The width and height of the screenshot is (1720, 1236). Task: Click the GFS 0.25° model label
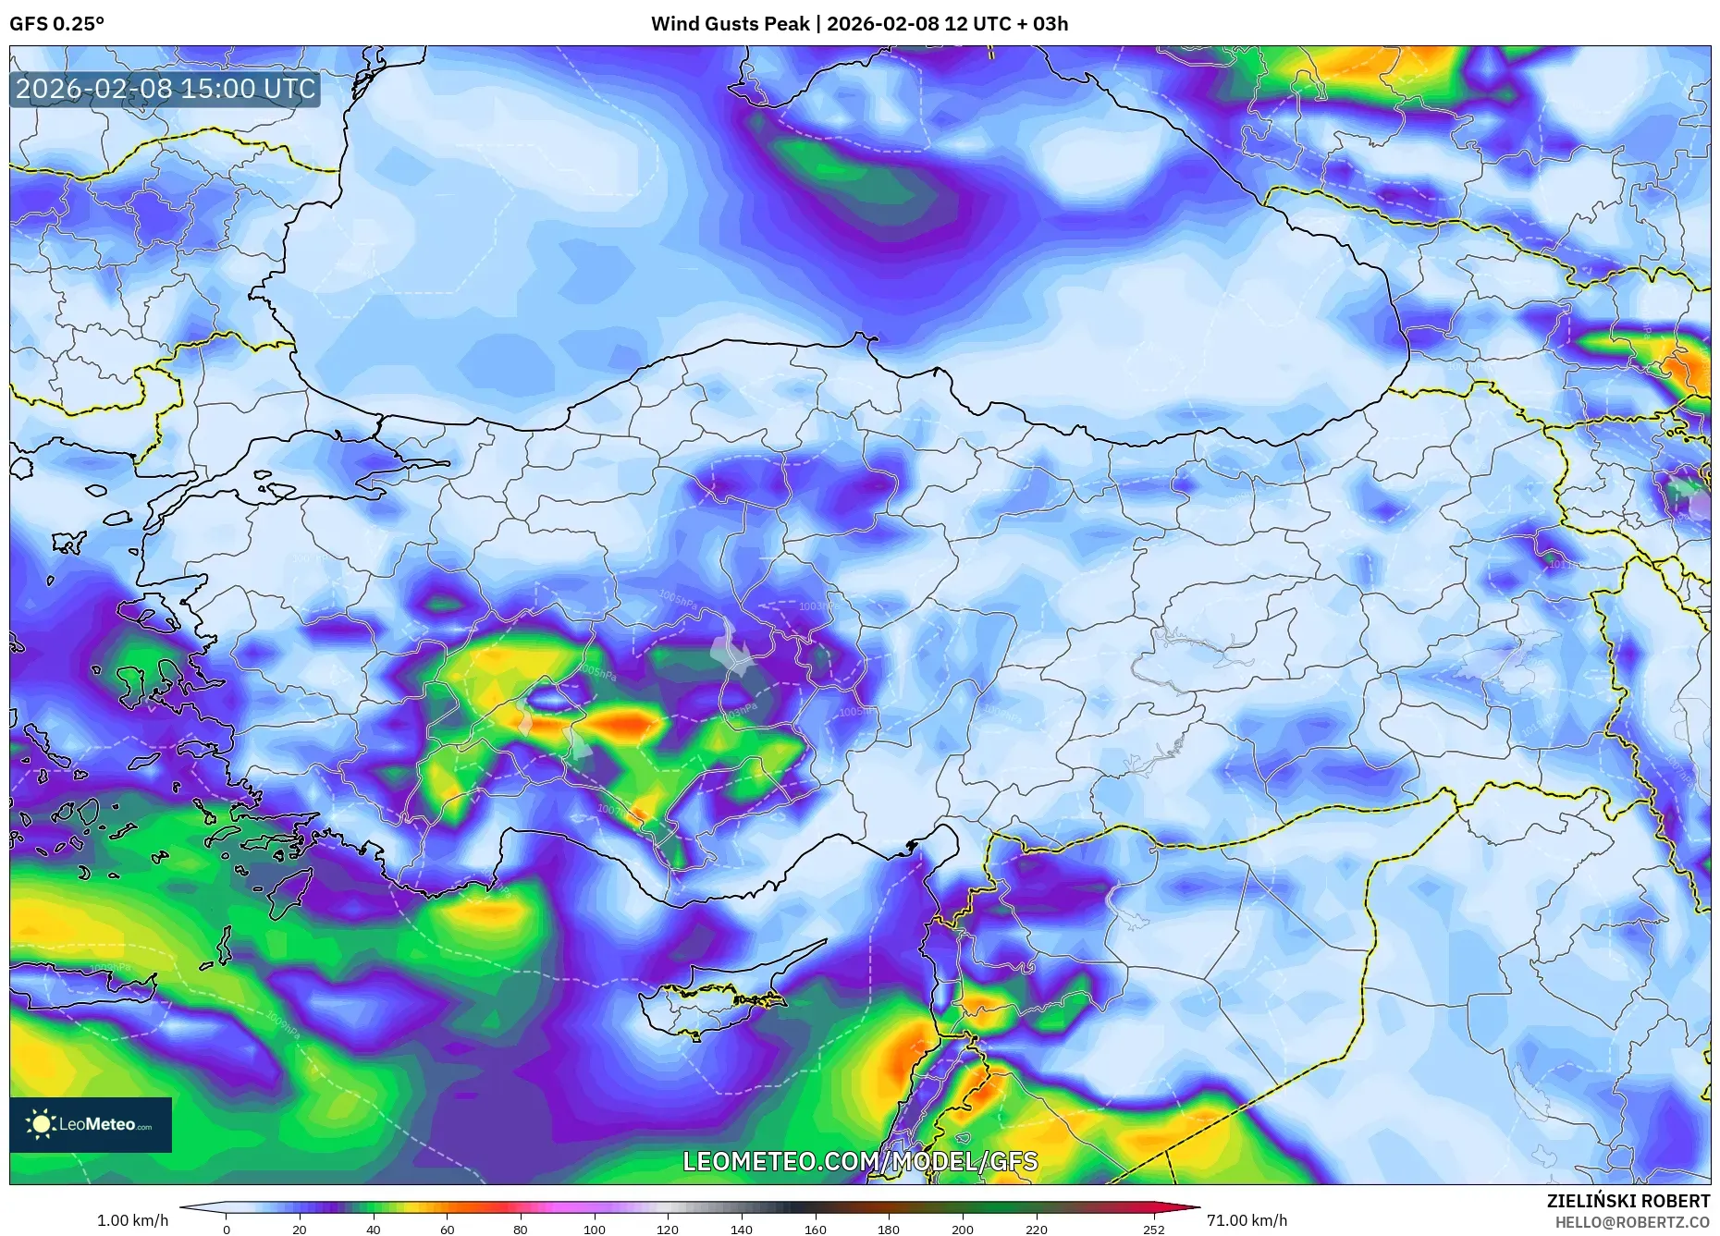click(56, 24)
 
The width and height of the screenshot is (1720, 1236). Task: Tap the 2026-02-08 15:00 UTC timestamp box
click(166, 89)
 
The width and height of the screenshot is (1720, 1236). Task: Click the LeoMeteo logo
click(91, 1124)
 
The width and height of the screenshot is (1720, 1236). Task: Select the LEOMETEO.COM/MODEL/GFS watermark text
click(860, 1161)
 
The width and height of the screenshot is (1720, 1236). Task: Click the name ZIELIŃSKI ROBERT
click(1628, 1201)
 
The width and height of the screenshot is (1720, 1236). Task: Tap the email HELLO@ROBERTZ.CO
click(1632, 1222)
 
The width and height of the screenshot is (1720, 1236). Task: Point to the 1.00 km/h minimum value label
click(132, 1220)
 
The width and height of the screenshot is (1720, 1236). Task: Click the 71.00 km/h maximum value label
click(1247, 1220)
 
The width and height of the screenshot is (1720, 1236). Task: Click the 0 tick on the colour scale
click(226, 1229)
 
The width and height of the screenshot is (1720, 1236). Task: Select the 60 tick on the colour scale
click(447, 1229)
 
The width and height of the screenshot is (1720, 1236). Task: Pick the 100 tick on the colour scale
click(594, 1229)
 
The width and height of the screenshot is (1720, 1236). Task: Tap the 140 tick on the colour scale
click(741, 1229)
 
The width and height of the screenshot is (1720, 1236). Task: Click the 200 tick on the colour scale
click(962, 1229)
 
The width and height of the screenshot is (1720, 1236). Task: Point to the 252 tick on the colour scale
click(1153, 1229)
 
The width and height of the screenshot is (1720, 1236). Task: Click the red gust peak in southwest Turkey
click(625, 722)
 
